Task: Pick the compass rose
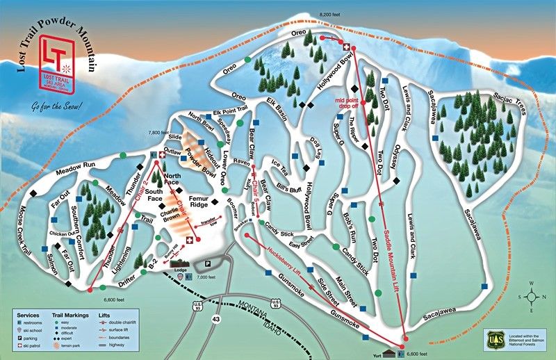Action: pos(532,295)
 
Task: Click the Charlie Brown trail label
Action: pos(174,219)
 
